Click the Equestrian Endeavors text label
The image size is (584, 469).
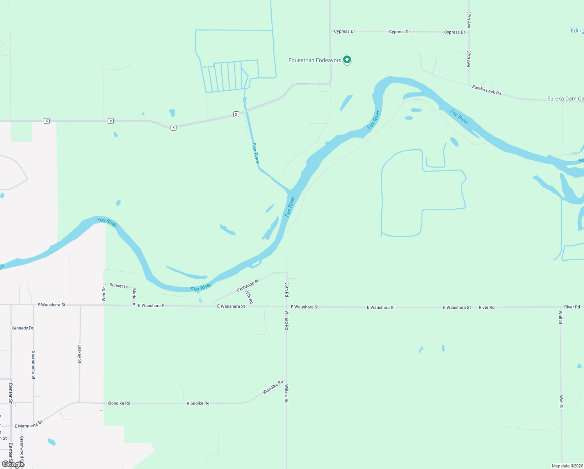[x=315, y=60]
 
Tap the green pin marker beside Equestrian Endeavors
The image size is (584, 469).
[x=347, y=60]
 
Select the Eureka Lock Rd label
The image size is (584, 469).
[x=486, y=90]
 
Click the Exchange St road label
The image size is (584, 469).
[x=247, y=286]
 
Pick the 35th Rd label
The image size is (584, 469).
[x=249, y=297]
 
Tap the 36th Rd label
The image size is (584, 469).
[x=287, y=289]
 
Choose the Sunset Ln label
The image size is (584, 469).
[x=119, y=286]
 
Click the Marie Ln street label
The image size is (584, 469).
[x=134, y=296]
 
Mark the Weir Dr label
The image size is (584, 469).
[x=104, y=294]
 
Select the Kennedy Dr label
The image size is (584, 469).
[x=23, y=328]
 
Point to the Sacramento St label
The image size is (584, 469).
[x=34, y=365]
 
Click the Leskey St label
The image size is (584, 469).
[x=80, y=353]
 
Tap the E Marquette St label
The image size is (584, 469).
[x=28, y=424]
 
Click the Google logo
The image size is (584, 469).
[x=13, y=464]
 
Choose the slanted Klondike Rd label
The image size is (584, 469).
[x=273, y=387]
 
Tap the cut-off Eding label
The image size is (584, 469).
[x=577, y=30]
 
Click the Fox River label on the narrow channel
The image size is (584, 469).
[x=255, y=153]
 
